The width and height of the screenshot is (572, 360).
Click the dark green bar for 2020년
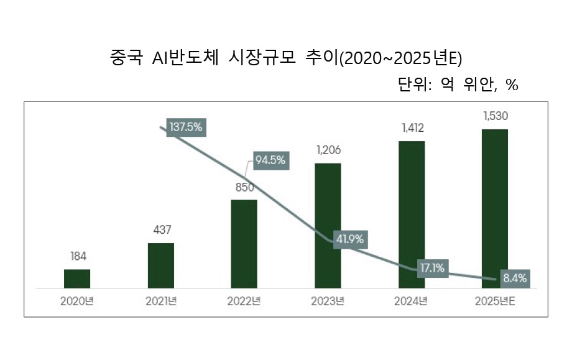tap(77, 279)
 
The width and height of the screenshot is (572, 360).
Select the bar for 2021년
tap(161, 265)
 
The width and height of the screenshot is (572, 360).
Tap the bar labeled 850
tap(244, 244)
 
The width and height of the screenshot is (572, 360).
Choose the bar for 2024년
tap(412, 215)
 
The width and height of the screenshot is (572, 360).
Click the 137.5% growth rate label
tap(186, 127)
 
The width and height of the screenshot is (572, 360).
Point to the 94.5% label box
tap(270, 160)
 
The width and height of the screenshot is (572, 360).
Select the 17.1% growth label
tap(432, 268)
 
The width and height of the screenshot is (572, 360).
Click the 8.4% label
tap(515, 278)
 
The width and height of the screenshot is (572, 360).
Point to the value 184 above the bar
tap(78, 256)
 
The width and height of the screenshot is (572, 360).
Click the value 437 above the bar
tap(162, 230)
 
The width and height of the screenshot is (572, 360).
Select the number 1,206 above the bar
tap(328, 150)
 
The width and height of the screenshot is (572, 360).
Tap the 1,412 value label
tap(412, 128)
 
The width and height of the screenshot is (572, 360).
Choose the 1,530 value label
tap(496, 116)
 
